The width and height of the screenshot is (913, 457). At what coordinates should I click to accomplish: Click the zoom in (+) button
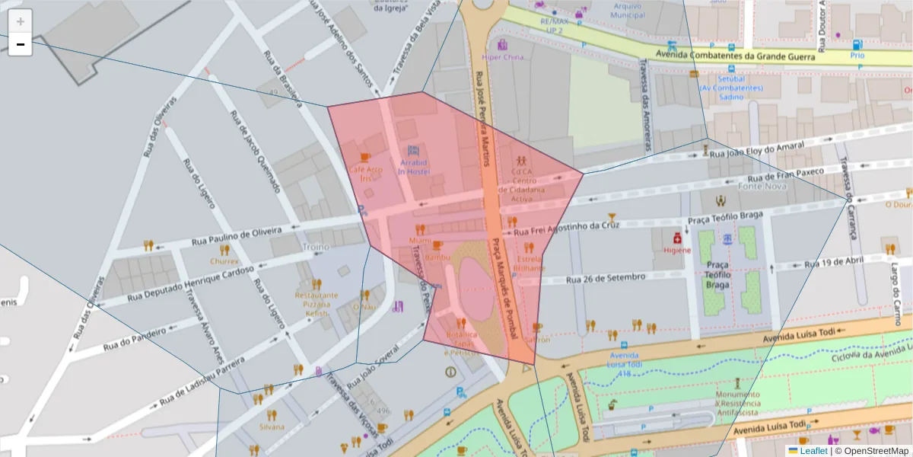coord(21,21)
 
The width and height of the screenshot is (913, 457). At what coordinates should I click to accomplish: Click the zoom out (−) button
coord(21,44)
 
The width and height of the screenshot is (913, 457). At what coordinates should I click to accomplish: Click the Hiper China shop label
coord(503,57)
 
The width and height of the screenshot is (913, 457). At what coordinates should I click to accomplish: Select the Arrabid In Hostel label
coord(414,167)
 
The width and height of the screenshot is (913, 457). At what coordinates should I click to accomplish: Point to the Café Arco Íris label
coord(365,173)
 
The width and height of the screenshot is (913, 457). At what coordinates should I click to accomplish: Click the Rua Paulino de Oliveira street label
coord(237,232)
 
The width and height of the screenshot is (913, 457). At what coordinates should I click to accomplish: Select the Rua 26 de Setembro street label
coord(606,277)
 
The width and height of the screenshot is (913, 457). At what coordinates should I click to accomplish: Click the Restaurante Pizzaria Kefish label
coord(317,304)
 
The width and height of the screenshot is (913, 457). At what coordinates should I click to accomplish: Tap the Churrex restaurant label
coord(224,260)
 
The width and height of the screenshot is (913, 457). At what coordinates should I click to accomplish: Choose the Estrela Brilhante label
coord(530,263)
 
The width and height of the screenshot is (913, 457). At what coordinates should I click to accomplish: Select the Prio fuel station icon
coord(857,45)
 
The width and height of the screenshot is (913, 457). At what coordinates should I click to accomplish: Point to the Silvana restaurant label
coord(272,427)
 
